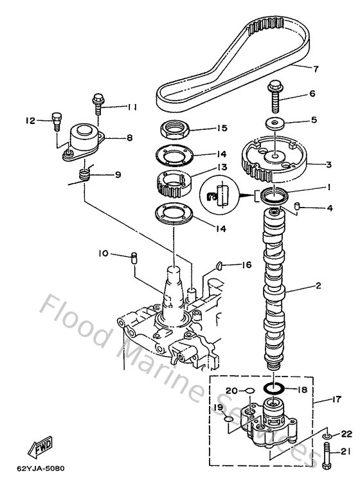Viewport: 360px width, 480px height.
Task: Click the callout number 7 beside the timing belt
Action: coord(316,68)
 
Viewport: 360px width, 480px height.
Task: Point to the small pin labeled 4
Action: coord(297,208)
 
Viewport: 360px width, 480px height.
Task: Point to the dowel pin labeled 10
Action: coord(134,258)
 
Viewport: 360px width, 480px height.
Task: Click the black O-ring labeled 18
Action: coord(274,389)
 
